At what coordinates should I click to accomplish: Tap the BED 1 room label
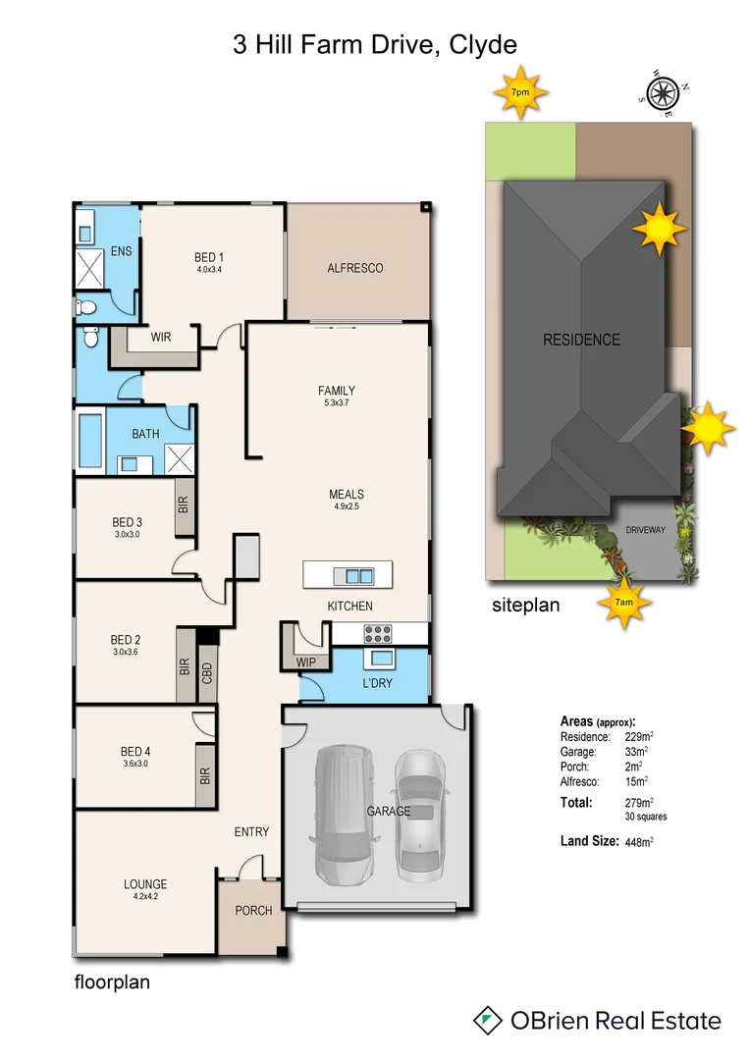211,258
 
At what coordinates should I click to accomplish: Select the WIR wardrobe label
161,337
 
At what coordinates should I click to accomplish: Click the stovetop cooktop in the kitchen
379,633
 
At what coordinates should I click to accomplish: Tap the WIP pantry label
305,662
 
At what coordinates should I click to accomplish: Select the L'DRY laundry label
378,682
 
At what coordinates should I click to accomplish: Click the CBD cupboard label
207,673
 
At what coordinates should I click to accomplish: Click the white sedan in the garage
421,812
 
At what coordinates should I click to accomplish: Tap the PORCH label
253,911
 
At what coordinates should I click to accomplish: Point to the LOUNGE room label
145,883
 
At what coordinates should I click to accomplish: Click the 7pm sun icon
520,92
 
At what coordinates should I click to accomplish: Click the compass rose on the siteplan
661,94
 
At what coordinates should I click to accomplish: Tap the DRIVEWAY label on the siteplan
645,530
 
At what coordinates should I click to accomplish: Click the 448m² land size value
640,841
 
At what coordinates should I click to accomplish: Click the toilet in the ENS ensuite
87,306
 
